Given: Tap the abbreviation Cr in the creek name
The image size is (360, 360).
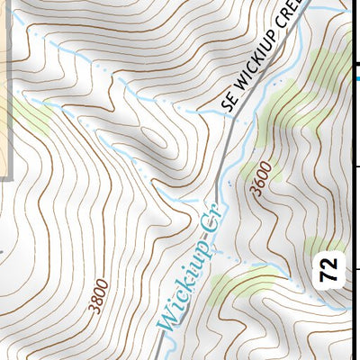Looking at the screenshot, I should coord(217,215).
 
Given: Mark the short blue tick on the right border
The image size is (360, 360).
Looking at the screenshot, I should coord(356,78).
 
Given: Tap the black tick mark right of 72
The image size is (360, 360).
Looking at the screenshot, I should coord(355,268).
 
